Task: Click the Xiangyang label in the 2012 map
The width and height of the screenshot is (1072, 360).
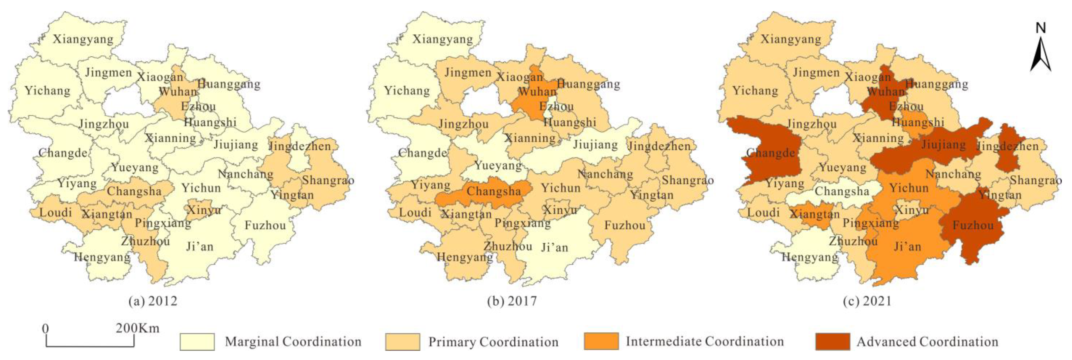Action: click(83, 39)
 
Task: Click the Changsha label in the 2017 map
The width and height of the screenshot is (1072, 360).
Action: click(494, 191)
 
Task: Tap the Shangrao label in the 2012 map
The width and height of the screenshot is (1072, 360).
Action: click(328, 180)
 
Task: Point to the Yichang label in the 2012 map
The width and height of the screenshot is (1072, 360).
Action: click(47, 90)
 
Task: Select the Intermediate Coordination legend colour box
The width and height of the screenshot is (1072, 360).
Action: click(601, 342)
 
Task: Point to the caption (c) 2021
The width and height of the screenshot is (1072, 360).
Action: click(868, 301)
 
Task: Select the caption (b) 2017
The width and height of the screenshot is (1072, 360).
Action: click(512, 301)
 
